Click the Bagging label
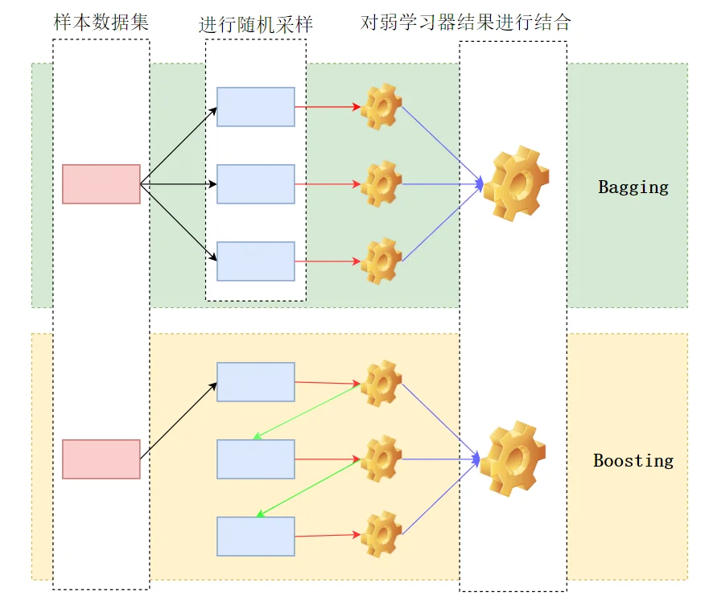coord(633,187)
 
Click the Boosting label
coord(633,461)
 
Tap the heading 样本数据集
coord(101,22)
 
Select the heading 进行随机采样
coord(256,25)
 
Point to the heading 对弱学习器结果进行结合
coord(466,22)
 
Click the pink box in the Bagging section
coord(101,184)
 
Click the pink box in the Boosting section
coord(101,459)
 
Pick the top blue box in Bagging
coord(256,107)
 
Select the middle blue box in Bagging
coord(256,184)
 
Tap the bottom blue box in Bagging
coord(256,261)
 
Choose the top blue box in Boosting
coord(256,382)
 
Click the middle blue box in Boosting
coord(256,459)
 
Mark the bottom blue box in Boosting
coord(256,537)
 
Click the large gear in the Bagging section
coord(517,183)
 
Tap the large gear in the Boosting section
coord(513,459)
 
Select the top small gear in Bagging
coord(381,106)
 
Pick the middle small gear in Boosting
coord(381,459)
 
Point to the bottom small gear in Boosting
coord(381,535)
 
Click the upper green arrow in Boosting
coord(307,412)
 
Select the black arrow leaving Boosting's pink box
coord(179,421)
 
